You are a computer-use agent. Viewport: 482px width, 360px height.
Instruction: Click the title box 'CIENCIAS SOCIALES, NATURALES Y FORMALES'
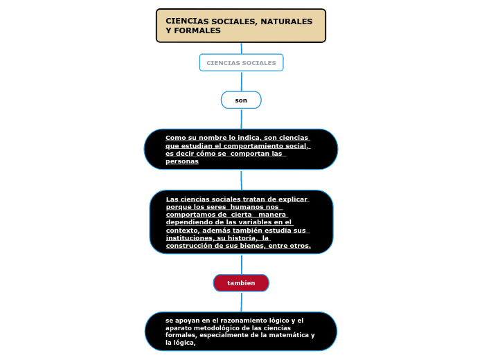241,26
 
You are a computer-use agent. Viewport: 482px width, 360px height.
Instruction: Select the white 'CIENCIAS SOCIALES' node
241,63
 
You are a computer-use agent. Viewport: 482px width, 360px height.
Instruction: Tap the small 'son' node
241,100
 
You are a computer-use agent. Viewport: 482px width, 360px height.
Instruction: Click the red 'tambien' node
241,283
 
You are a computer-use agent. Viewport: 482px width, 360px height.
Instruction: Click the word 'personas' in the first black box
181,161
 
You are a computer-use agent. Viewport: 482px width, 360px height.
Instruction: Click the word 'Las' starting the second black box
172,199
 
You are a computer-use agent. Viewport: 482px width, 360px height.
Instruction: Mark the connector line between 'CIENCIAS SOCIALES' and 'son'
241,81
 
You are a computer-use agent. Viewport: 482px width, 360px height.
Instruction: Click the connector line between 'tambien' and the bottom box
241,302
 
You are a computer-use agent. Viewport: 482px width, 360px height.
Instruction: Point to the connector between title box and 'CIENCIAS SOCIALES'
241,48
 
